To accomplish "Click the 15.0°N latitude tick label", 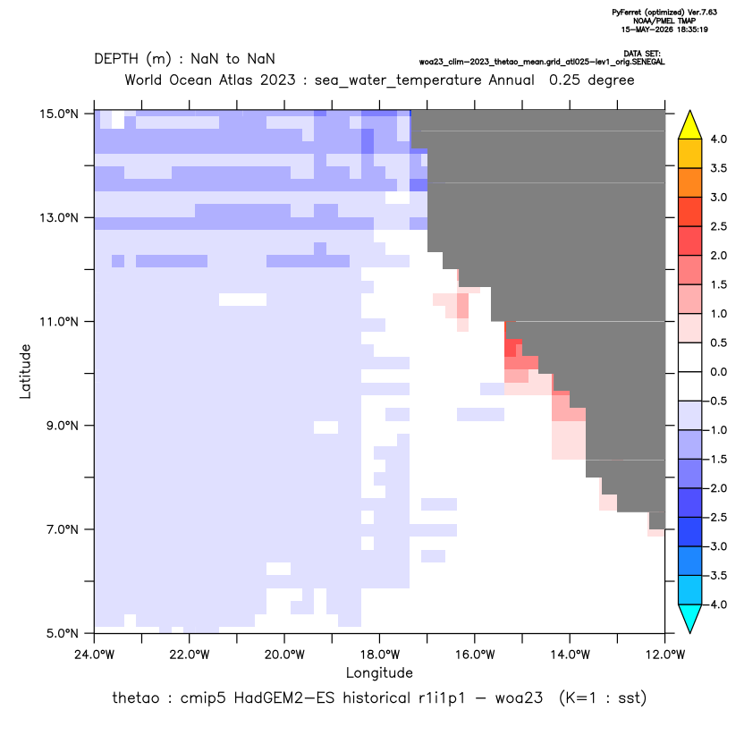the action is (x=59, y=114).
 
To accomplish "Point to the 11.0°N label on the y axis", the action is (x=59, y=322).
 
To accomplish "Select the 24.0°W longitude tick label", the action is (x=95, y=655).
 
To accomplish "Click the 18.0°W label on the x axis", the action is (x=379, y=655).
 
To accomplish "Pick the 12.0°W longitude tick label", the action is (x=664, y=655).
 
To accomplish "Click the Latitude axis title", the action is (x=25, y=371).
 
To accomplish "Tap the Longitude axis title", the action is (x=379, y=673).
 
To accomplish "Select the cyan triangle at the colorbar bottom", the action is (x=690, y=618).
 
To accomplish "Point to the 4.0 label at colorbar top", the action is (x=718, y=139).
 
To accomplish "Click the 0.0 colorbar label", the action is (x=718, y=372).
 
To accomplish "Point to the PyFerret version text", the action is (x=664, y=13).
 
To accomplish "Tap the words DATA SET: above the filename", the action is (x=642, y=54).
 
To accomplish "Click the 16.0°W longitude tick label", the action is (x=475, y=655).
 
